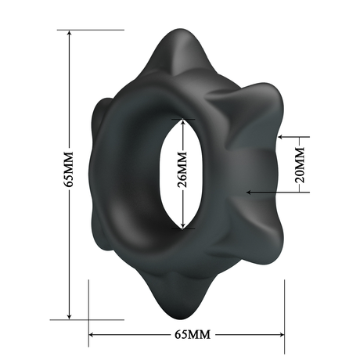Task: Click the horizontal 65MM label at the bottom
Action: coord(189,335)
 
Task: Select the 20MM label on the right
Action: coord(298,167)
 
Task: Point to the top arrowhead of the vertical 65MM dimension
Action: coord(69,34)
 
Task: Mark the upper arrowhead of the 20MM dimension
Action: coord(298,138)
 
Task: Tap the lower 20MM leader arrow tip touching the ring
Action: coord(249,191)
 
